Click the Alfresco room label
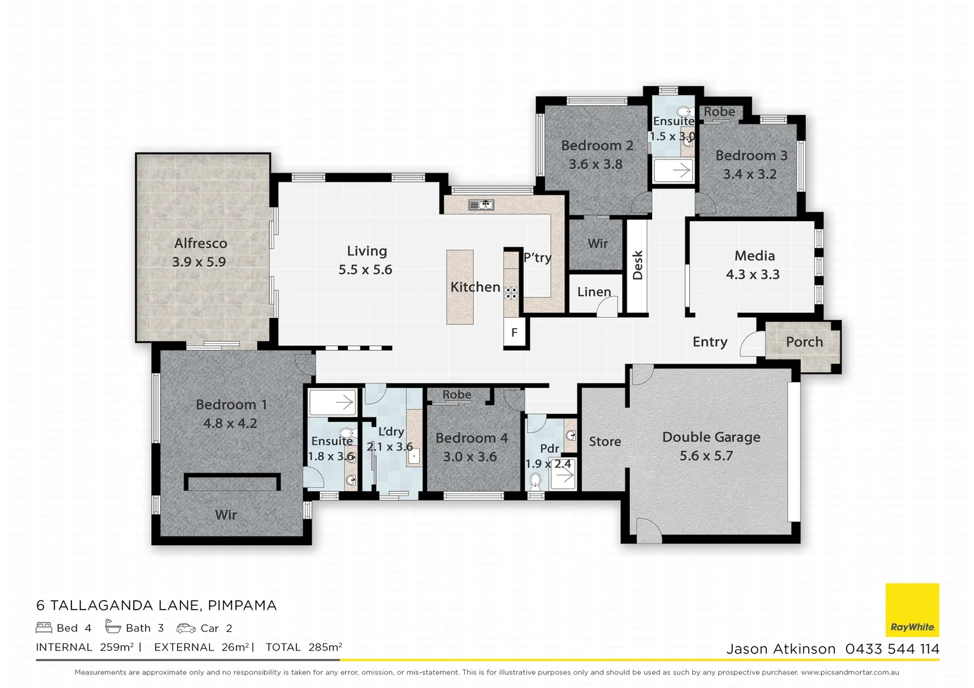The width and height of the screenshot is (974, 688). (x=200, y=243)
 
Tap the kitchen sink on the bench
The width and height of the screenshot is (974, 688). (x=481, y=204)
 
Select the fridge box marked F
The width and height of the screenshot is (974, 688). (x=514, y=333)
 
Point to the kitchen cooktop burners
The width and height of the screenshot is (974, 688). (x=511, y=293)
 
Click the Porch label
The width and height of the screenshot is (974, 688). (x=804, y=342)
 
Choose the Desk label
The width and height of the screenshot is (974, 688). (x=637, y=265)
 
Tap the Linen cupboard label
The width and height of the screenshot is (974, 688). (x=594, y=292)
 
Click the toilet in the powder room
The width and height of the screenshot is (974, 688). (x=535, y=481)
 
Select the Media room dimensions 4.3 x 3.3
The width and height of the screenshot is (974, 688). (x=753, y=275)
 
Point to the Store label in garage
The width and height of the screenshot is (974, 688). (x=605, y=441)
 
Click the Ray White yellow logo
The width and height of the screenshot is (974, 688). (x=912, y=610)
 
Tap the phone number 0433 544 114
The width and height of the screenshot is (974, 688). (x=892, y=649)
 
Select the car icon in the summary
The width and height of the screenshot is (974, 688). (x=186, y=628)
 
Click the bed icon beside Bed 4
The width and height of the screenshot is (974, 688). (x=44, y=628)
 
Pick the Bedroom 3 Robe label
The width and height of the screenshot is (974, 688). (x=719, y=111)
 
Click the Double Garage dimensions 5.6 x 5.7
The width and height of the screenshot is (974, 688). (x=706, y=456)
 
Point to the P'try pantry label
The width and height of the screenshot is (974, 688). (x=537, y=257)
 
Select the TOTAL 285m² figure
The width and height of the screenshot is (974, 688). (x=304, y=647)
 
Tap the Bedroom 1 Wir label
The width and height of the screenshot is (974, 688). (x=226, y=515)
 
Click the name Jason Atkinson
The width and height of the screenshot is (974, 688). (x=781, y=649)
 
